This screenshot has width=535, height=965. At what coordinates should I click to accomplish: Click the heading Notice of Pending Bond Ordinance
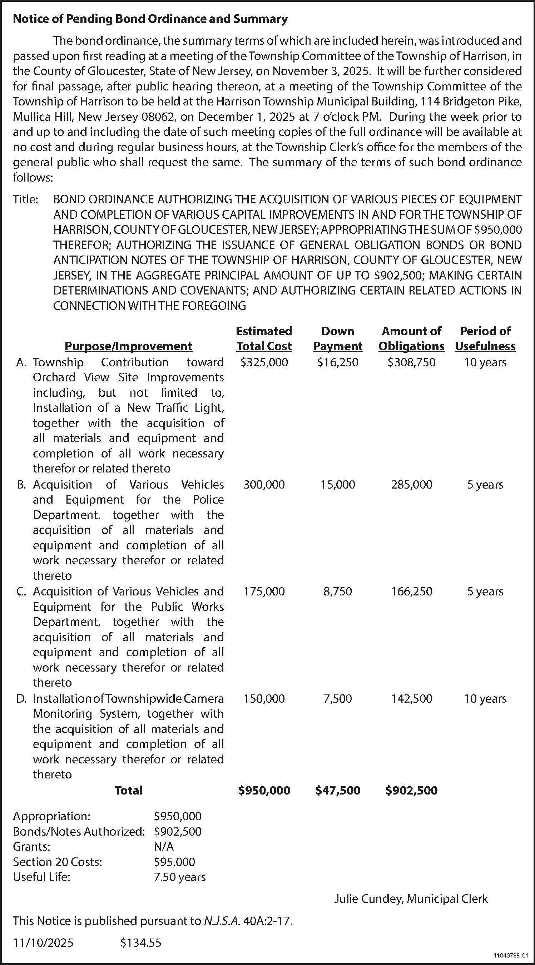150,19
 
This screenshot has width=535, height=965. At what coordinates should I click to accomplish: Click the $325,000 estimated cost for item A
264,362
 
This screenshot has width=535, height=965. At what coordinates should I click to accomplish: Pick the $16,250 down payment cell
338,362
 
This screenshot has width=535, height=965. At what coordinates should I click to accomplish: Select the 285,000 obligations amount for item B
411,484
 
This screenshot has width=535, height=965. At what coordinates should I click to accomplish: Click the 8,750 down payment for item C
338,592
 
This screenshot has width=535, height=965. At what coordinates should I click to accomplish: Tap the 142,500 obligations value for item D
411,699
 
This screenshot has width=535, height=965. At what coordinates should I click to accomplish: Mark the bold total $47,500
338,791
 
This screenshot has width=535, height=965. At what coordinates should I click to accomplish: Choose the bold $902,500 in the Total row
411,791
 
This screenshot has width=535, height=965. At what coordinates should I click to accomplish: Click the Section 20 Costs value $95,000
174,862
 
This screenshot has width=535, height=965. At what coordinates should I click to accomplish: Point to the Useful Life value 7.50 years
179,877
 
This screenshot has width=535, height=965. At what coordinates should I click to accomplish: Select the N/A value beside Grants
164,847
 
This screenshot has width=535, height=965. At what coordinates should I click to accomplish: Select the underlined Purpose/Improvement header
129,346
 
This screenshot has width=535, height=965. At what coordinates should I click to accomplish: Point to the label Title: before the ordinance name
25,199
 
